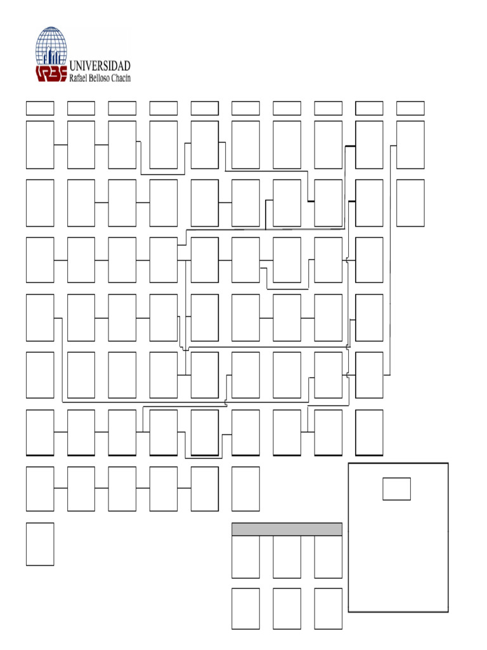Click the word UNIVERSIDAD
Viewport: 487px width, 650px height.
point(100,66)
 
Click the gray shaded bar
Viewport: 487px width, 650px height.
point(287,529)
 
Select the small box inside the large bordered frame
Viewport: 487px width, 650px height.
point(396,489)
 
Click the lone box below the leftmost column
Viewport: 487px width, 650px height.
point(40,544)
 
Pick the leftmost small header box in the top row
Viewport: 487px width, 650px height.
point(40,108)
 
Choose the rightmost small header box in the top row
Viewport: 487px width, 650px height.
point(410,108)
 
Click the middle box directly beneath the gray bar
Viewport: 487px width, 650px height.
point(287,557)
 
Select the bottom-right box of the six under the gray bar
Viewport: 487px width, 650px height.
point(328,609)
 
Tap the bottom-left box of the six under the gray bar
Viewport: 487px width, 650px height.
point(245,609)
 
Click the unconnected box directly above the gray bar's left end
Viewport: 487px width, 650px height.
point(245,489)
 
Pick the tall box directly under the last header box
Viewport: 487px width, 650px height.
point(410,145)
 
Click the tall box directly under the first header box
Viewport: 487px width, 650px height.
point(40,145)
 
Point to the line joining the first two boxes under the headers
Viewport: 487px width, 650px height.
point(60,145)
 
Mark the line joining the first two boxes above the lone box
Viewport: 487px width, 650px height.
point(60,488)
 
